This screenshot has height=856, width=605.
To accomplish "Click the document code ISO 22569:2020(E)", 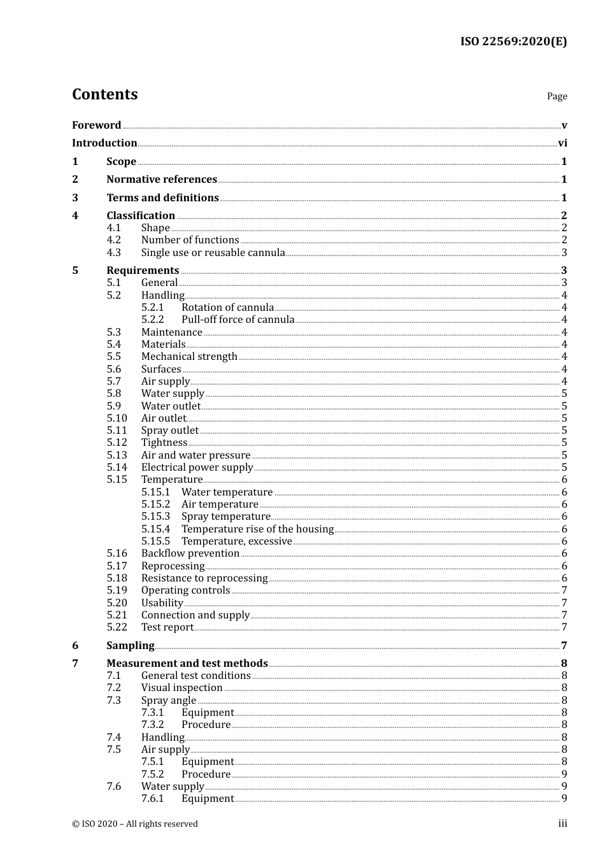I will (513, 41).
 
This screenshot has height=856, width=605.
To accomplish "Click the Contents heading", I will (104, 94).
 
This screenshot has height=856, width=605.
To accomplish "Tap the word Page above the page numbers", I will (557, 96).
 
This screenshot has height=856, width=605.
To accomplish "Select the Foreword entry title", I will (96, 125).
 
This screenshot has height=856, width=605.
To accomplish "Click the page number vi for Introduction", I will (562, 143).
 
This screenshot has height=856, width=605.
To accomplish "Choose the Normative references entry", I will (162, 180).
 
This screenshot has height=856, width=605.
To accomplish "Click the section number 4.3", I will (114, 252).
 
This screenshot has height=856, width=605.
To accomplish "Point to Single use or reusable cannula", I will (213, 252).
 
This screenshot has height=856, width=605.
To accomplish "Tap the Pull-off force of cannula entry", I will (238, 320).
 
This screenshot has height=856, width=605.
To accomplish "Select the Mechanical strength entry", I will (189, 357).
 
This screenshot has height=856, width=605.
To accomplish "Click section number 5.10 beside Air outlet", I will (117, 418).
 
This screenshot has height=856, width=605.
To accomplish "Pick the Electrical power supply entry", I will (197, 467).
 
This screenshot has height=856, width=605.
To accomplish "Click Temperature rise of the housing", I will (257, 529).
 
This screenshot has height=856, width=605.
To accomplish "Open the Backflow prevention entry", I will (190, 553).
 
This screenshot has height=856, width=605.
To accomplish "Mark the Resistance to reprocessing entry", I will (204, 578).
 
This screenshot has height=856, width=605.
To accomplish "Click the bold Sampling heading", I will (130, 646).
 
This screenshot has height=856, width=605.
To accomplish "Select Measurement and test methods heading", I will (187, 664).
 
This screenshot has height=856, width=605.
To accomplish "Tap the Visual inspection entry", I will (181, 688).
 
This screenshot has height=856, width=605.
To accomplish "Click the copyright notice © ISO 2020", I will (135, 824).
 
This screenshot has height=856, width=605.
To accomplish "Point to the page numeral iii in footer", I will (562, 824).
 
